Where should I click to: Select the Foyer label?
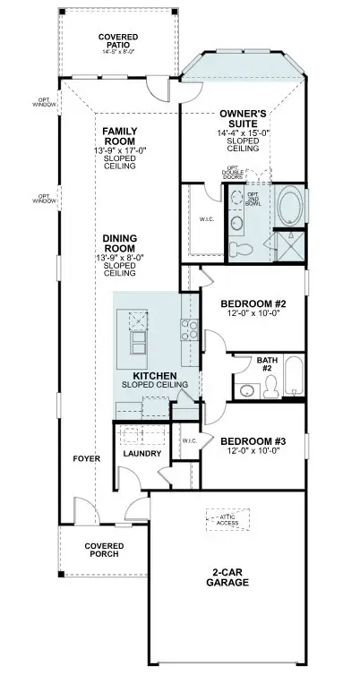click(x=86, y=458)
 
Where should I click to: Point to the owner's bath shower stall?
click(x=288, y=245)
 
